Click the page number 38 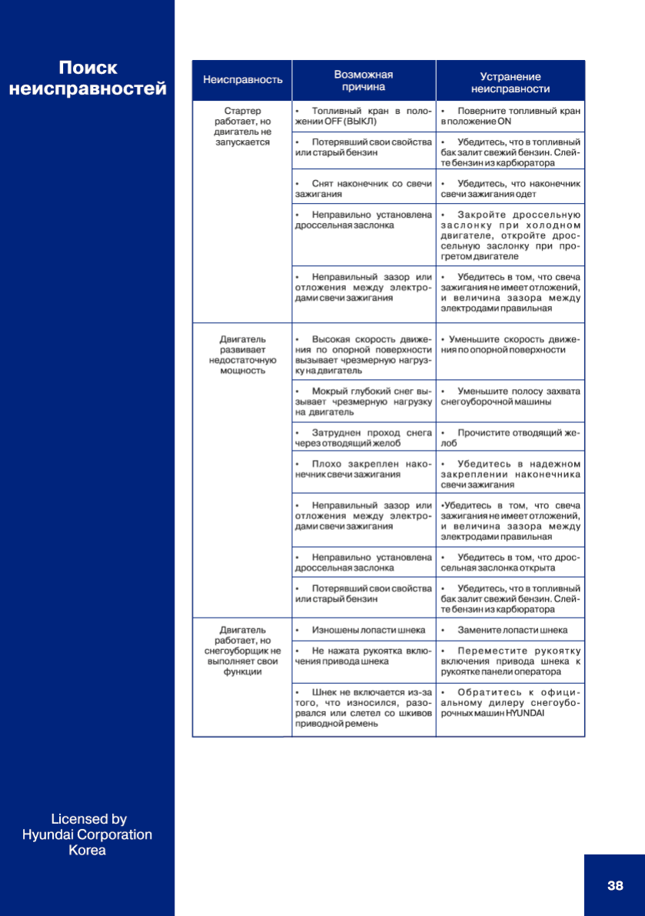tap(615, 885)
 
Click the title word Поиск tap(88, 68)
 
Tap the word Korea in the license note tap(87, 851)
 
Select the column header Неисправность tap(242, 80)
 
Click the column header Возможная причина tap(363, 81)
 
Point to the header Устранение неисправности tap(510, 82)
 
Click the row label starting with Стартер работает tap(242, 127)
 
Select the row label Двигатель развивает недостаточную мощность tap(242, 355)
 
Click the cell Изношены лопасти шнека tap(363, 630)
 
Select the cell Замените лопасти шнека tap(510, 630)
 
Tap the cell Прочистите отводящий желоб tap(510, 438)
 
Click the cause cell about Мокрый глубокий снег tap(363, 401)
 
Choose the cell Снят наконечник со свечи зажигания tap(363, 189)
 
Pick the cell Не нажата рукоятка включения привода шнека tap(363, 656)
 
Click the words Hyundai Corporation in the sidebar tap(87, 834)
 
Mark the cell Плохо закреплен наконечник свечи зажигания tap(363, 469)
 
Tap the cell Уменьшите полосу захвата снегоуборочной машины tap(510, 396)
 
